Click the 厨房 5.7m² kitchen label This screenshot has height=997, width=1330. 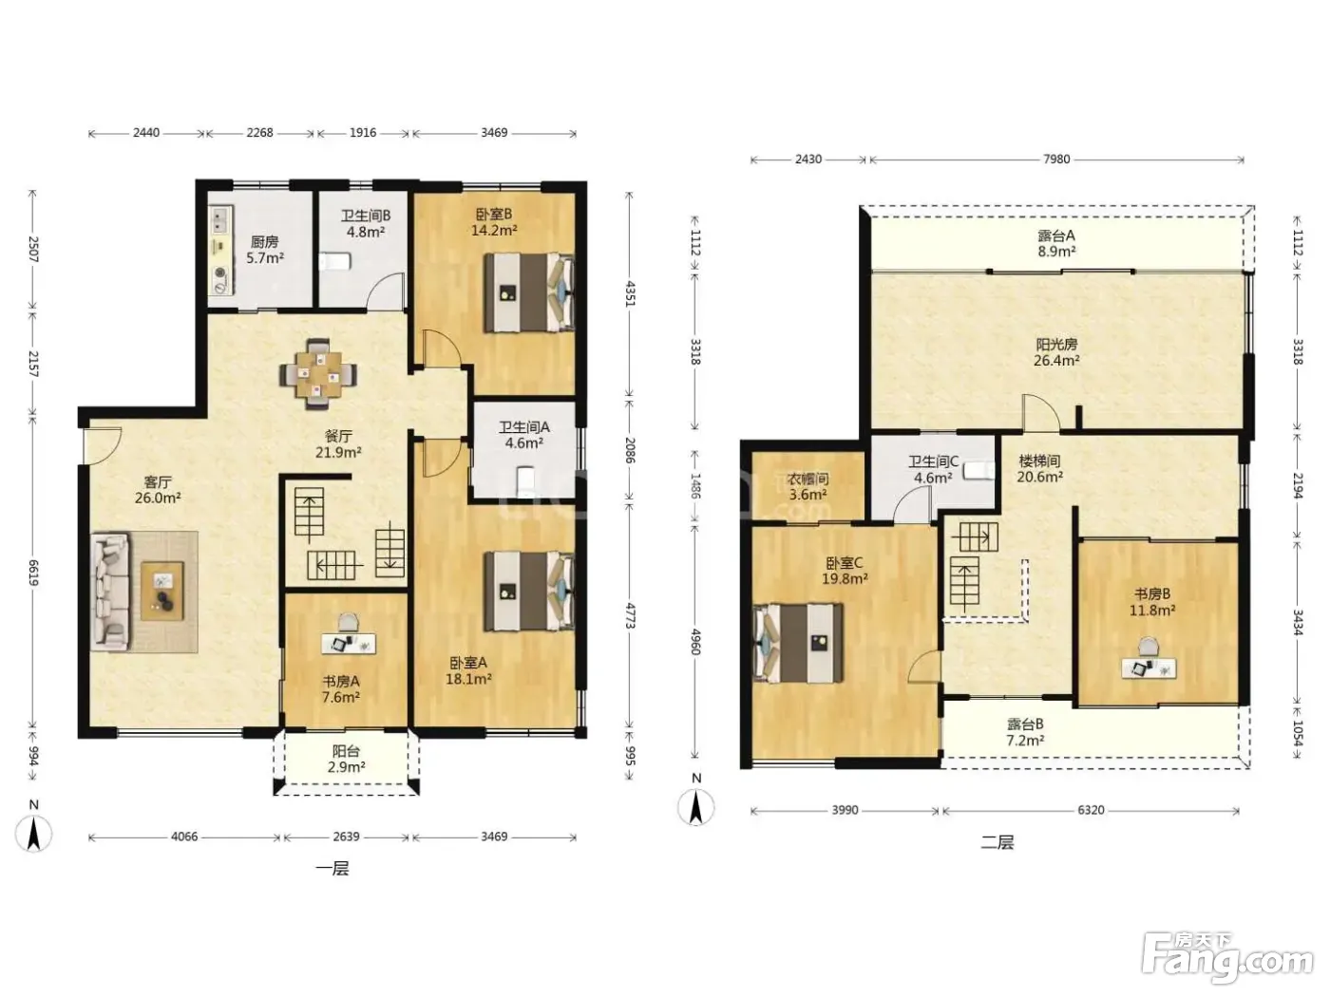265,250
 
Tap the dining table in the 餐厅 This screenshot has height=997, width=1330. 317,375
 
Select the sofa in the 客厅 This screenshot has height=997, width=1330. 111,592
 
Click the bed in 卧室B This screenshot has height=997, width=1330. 529,292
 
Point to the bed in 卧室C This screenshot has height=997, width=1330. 798,643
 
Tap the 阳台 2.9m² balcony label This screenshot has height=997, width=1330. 346,759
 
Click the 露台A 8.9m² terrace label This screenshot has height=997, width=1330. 1056,243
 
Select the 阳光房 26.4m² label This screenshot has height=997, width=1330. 1056,352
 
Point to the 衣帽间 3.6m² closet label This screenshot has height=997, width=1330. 807,487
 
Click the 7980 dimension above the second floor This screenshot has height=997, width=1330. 1056,160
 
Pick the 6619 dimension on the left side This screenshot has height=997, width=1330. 34,573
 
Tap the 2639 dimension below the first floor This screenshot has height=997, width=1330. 346,837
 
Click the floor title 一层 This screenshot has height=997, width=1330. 332,869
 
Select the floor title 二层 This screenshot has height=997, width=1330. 997,842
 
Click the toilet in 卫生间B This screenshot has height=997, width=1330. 335,261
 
